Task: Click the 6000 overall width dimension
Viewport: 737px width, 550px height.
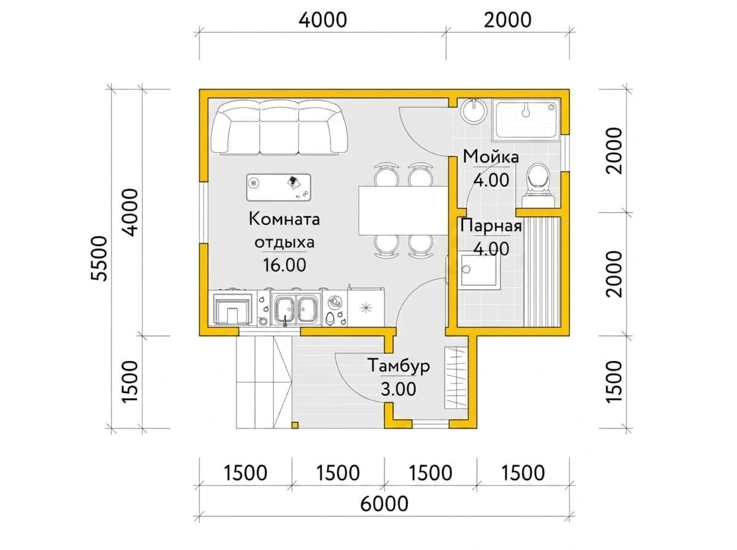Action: [384, 503]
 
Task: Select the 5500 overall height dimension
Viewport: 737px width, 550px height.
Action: [99, 258]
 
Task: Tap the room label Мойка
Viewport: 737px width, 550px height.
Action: [491, 157]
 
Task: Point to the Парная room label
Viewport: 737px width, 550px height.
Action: [491, 226]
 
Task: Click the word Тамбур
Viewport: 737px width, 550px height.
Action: [399, 366]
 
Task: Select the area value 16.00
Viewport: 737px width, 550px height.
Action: [284, 265]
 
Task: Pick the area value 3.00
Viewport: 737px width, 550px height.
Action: [398, 389]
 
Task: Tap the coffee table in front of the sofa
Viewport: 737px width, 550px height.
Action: [278, 187]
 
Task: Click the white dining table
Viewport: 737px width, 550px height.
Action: [404, 211]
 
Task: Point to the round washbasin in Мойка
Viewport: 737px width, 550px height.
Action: [473, 111]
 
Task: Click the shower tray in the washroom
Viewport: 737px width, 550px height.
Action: [526, 120]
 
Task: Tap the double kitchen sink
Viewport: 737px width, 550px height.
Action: [295, 309]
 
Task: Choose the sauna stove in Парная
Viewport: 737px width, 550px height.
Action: [481, 272]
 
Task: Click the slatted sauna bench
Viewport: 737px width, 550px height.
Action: [542, 271]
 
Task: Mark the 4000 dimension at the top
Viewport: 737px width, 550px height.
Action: [322, 20]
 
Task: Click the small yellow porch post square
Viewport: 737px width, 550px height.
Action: [295, 425]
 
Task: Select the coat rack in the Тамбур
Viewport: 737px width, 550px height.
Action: [455, 378]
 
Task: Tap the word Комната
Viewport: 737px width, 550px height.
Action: [284, 220]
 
